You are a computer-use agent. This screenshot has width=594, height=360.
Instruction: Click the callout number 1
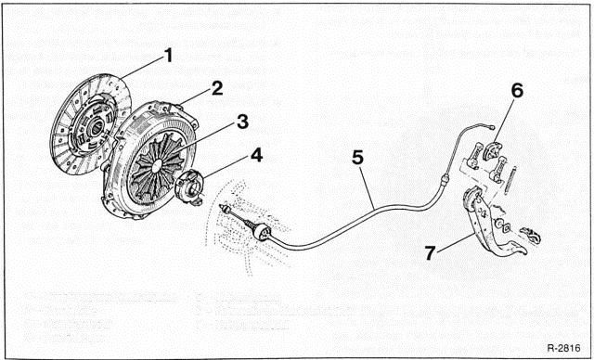[x=168, y=55]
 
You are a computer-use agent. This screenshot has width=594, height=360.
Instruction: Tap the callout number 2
[x=215, y=88]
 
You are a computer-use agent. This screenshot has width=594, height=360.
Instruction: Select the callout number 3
[x=215, y=122]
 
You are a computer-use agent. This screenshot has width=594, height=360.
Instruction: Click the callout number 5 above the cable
[x=357, y=160]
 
